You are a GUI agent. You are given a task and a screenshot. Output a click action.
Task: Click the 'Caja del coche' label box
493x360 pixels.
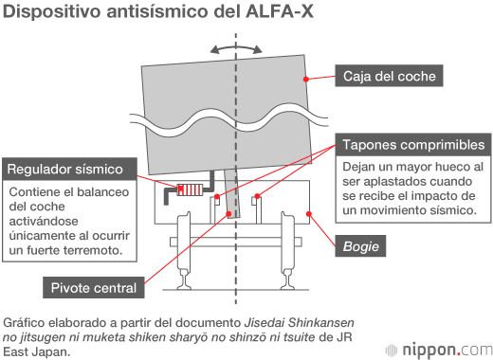coord(389,76)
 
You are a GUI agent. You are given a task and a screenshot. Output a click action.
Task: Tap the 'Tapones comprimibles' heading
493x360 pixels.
coord(413,145)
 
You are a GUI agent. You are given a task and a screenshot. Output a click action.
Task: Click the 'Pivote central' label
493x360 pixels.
coord(94,288)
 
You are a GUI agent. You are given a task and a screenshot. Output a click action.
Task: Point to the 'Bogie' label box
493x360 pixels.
coord(360,246)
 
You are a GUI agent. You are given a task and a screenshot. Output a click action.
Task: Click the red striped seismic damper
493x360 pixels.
coord(190,189)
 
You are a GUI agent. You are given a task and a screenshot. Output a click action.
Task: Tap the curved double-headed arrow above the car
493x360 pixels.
coord(236,48)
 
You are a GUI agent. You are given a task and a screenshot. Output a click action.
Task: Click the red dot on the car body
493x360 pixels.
coord(305,79)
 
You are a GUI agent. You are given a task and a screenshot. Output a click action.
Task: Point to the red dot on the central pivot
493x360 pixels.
coord(228,214)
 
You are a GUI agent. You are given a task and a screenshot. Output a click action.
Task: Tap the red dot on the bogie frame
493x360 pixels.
coord(309,214)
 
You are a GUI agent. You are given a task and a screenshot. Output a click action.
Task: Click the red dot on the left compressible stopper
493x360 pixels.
coord(217,197)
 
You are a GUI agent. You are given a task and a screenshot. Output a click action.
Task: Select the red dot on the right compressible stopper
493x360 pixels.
coord(257,196)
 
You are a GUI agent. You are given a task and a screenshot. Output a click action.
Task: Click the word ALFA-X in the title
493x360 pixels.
coord(280,11)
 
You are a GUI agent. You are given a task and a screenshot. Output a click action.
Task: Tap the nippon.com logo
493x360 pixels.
coord(439,351)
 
